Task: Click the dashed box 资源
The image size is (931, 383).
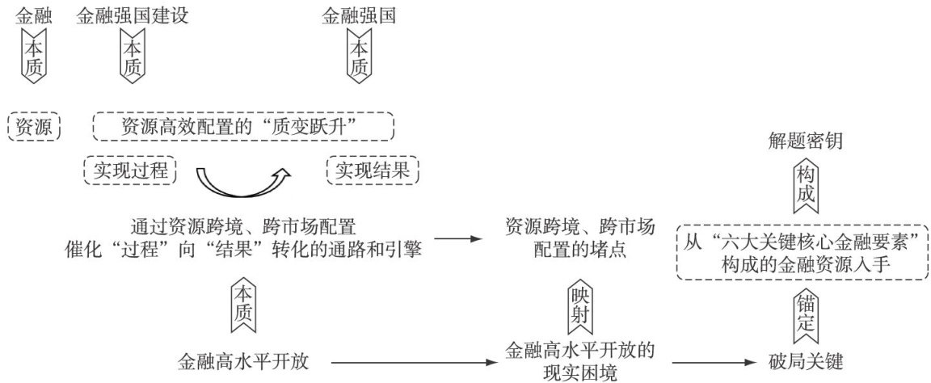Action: point(33,126)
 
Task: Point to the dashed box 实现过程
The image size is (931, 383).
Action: point(129,170)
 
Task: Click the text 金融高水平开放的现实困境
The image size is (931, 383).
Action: point(579,361)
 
